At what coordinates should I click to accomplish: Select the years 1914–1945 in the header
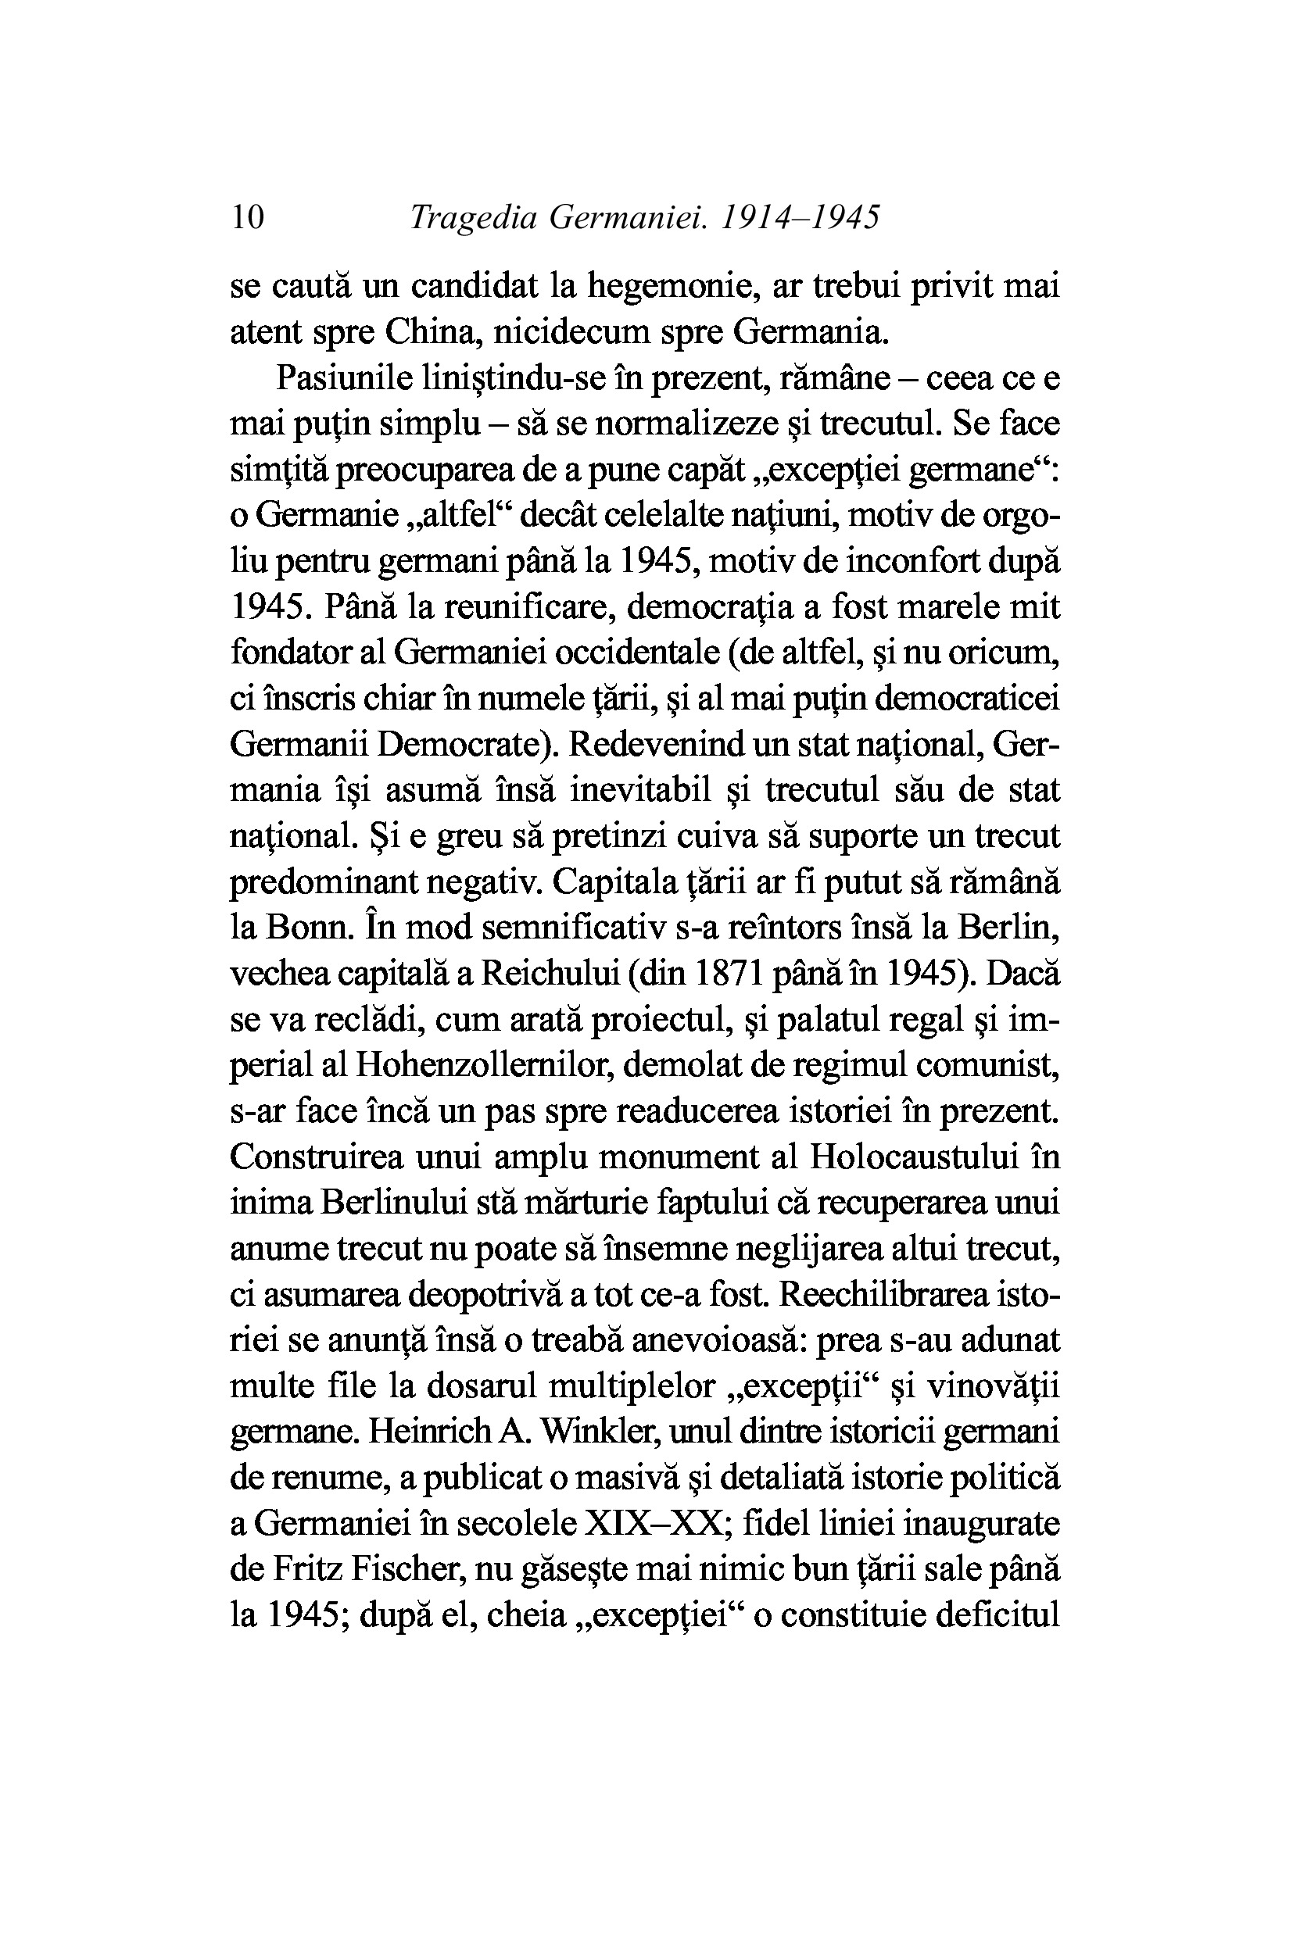801,217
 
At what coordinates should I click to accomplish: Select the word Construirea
317,1157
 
